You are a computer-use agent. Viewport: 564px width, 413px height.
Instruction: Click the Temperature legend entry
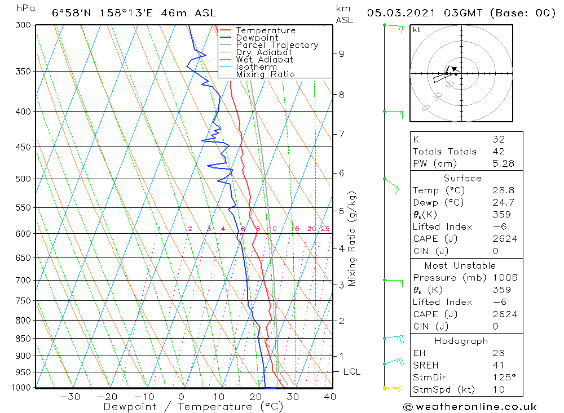coord(265,30)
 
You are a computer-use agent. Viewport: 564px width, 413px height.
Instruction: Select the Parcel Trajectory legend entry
coord(277,45)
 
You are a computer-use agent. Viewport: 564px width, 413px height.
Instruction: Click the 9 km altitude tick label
coord(341,54)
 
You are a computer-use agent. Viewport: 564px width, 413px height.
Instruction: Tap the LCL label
coord(351,372)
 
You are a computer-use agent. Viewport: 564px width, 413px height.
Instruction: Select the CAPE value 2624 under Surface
coord(504,239)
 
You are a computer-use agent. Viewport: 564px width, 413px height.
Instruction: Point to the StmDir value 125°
coord(502,377)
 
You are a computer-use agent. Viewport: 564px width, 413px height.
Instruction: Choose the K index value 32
coord(498,139)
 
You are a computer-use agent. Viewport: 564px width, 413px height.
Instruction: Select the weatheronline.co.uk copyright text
coord(470,407)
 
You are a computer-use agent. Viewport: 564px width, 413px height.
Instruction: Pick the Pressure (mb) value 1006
coord(504,278)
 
